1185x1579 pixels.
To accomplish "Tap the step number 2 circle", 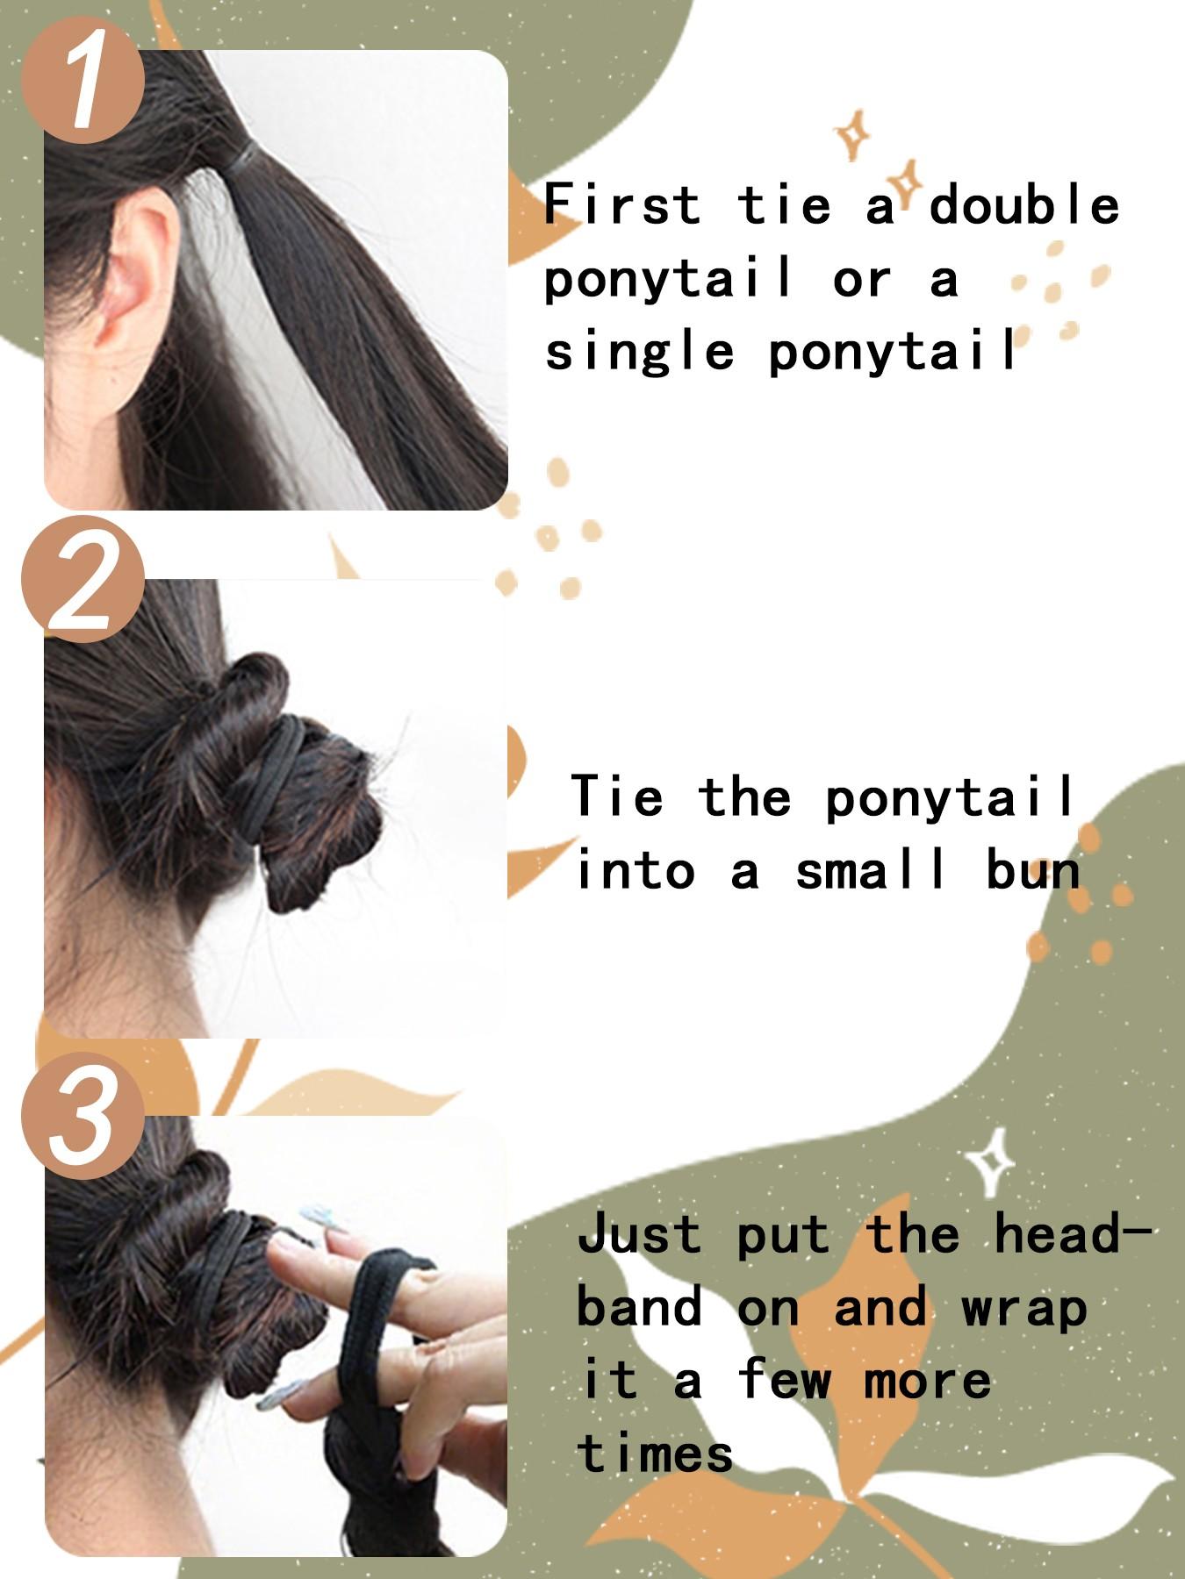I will pos(83,583).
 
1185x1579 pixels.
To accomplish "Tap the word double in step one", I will pos(1023,205).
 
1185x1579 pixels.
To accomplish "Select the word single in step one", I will pos(639,351).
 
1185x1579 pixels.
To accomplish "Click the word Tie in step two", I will pos(616,797).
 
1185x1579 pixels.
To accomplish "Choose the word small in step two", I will pos(872,870).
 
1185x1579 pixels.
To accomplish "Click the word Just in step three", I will pos(639,1235).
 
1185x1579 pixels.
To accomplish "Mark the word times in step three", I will pos(655,1454).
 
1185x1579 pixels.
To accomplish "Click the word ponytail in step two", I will pos(952,797).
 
